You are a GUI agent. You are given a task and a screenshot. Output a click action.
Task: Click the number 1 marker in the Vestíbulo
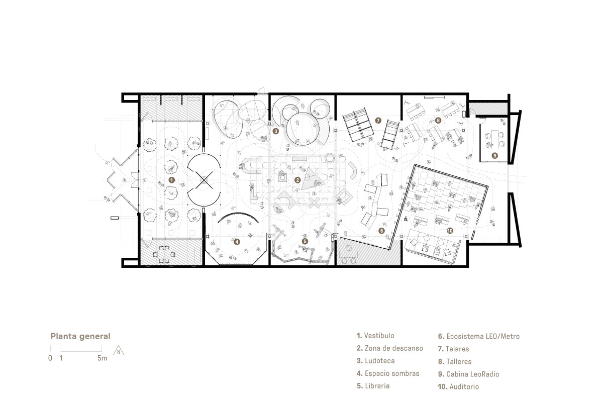171,180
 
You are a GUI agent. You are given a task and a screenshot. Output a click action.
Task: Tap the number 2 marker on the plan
297,180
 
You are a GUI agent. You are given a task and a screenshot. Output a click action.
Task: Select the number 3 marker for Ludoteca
276,131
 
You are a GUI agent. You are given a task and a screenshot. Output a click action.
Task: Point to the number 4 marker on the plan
237,242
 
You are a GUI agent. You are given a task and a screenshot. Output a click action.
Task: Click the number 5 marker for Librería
305,241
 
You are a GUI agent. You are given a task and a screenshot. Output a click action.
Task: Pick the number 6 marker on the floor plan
381,231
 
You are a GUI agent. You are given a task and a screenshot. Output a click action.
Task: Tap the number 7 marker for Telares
378,121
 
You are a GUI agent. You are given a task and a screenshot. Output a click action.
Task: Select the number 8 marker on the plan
438,121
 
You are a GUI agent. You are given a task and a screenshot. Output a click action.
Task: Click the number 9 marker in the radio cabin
494,155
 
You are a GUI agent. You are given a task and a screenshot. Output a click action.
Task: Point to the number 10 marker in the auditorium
450,231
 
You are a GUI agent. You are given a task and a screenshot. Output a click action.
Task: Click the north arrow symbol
119,351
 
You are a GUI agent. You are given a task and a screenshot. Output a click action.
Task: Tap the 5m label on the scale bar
103,358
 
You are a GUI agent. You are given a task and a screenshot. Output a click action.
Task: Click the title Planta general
80,336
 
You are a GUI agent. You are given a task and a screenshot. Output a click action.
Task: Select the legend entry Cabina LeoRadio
469,374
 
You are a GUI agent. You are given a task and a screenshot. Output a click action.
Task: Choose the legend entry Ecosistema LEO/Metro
479,336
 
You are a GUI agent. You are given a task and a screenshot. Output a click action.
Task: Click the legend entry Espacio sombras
388,373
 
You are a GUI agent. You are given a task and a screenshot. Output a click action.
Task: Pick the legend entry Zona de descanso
390,348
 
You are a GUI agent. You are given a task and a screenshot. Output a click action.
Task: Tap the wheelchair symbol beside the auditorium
406,220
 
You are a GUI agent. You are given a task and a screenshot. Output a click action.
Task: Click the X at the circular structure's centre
204,179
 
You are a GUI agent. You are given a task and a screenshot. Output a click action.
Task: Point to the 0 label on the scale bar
50,358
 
